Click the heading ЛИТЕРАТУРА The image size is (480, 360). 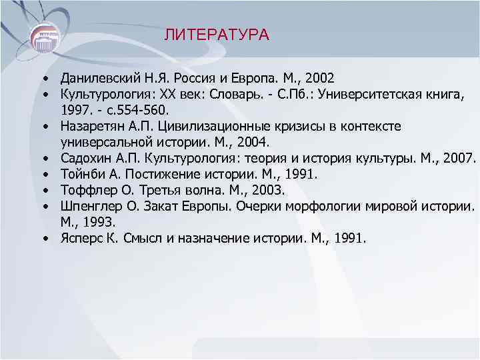(x=217, y=35)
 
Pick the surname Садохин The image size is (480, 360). (x=83, y=158)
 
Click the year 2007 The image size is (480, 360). (x=460, y=158)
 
